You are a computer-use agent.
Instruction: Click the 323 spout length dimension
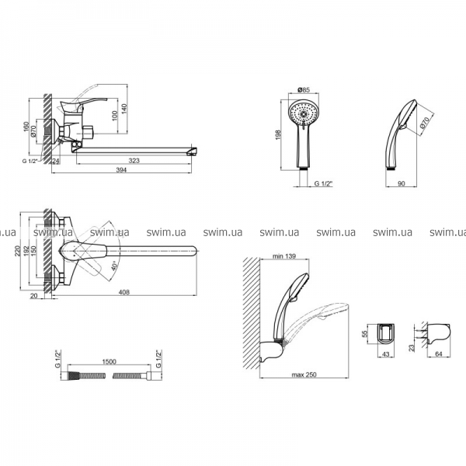click(x=134, y=161)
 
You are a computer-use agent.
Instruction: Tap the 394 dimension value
click(x=121, y=169)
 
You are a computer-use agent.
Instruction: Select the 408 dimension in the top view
click(x=124, y=292)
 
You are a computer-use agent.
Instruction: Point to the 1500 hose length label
click(x=109, y=362)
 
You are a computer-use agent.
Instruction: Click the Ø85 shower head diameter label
click(x=304, y=89)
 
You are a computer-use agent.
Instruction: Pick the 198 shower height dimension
click(x=278, y=135)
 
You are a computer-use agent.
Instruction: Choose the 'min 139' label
click(x=285, y=256)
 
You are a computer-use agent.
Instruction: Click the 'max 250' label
click(x=304, y=375)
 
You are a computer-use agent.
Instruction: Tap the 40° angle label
click(x=115, y=266)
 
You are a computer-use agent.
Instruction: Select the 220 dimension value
click(x=18, y=251)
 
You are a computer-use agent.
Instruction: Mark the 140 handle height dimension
click(x=124, y=109)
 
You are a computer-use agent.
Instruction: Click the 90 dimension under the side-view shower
click(x=402, y=183)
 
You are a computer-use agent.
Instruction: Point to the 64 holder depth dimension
click(x=439, y=354)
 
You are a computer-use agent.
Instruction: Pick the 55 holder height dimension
click(x=365, y=333)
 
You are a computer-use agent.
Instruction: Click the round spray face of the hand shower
click(x=304, y=114)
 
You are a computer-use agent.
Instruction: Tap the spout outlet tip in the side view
click(x=193, y=151)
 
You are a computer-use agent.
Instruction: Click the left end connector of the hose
click(x=65, y=376)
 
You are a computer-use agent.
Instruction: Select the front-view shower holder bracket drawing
click(x=387, y=335)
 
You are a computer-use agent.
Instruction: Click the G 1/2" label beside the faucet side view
click(x=30, y=161)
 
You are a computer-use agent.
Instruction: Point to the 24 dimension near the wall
click(x=55, y=161)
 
